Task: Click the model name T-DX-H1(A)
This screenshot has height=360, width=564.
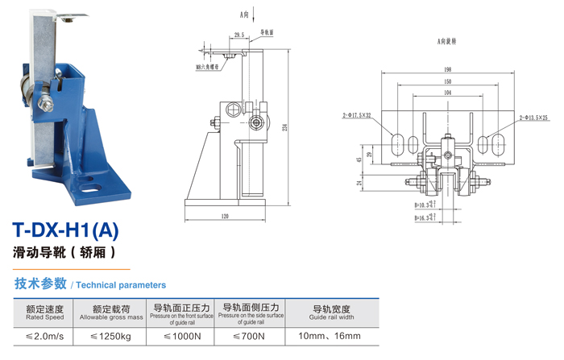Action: (x=66, y=230)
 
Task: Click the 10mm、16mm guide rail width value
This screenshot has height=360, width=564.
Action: (x=330, y=336)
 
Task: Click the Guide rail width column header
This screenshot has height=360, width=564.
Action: (x=330, y=312)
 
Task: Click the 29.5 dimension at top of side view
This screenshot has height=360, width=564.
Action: (x=238, y=35)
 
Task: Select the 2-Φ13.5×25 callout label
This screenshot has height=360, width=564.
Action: (x=534, y=117)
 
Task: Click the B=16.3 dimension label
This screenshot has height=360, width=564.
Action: (x=422, y=217)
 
